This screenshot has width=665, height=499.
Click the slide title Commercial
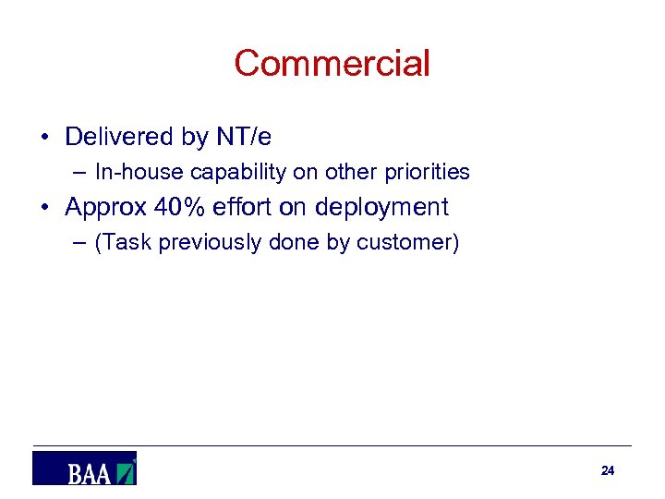pos(332,64)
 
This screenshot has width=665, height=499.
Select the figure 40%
pos(184,207)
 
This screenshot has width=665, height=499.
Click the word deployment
pos(381,208)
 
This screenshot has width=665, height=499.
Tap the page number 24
pos(607,470)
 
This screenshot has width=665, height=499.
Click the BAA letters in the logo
pos(89,474)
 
